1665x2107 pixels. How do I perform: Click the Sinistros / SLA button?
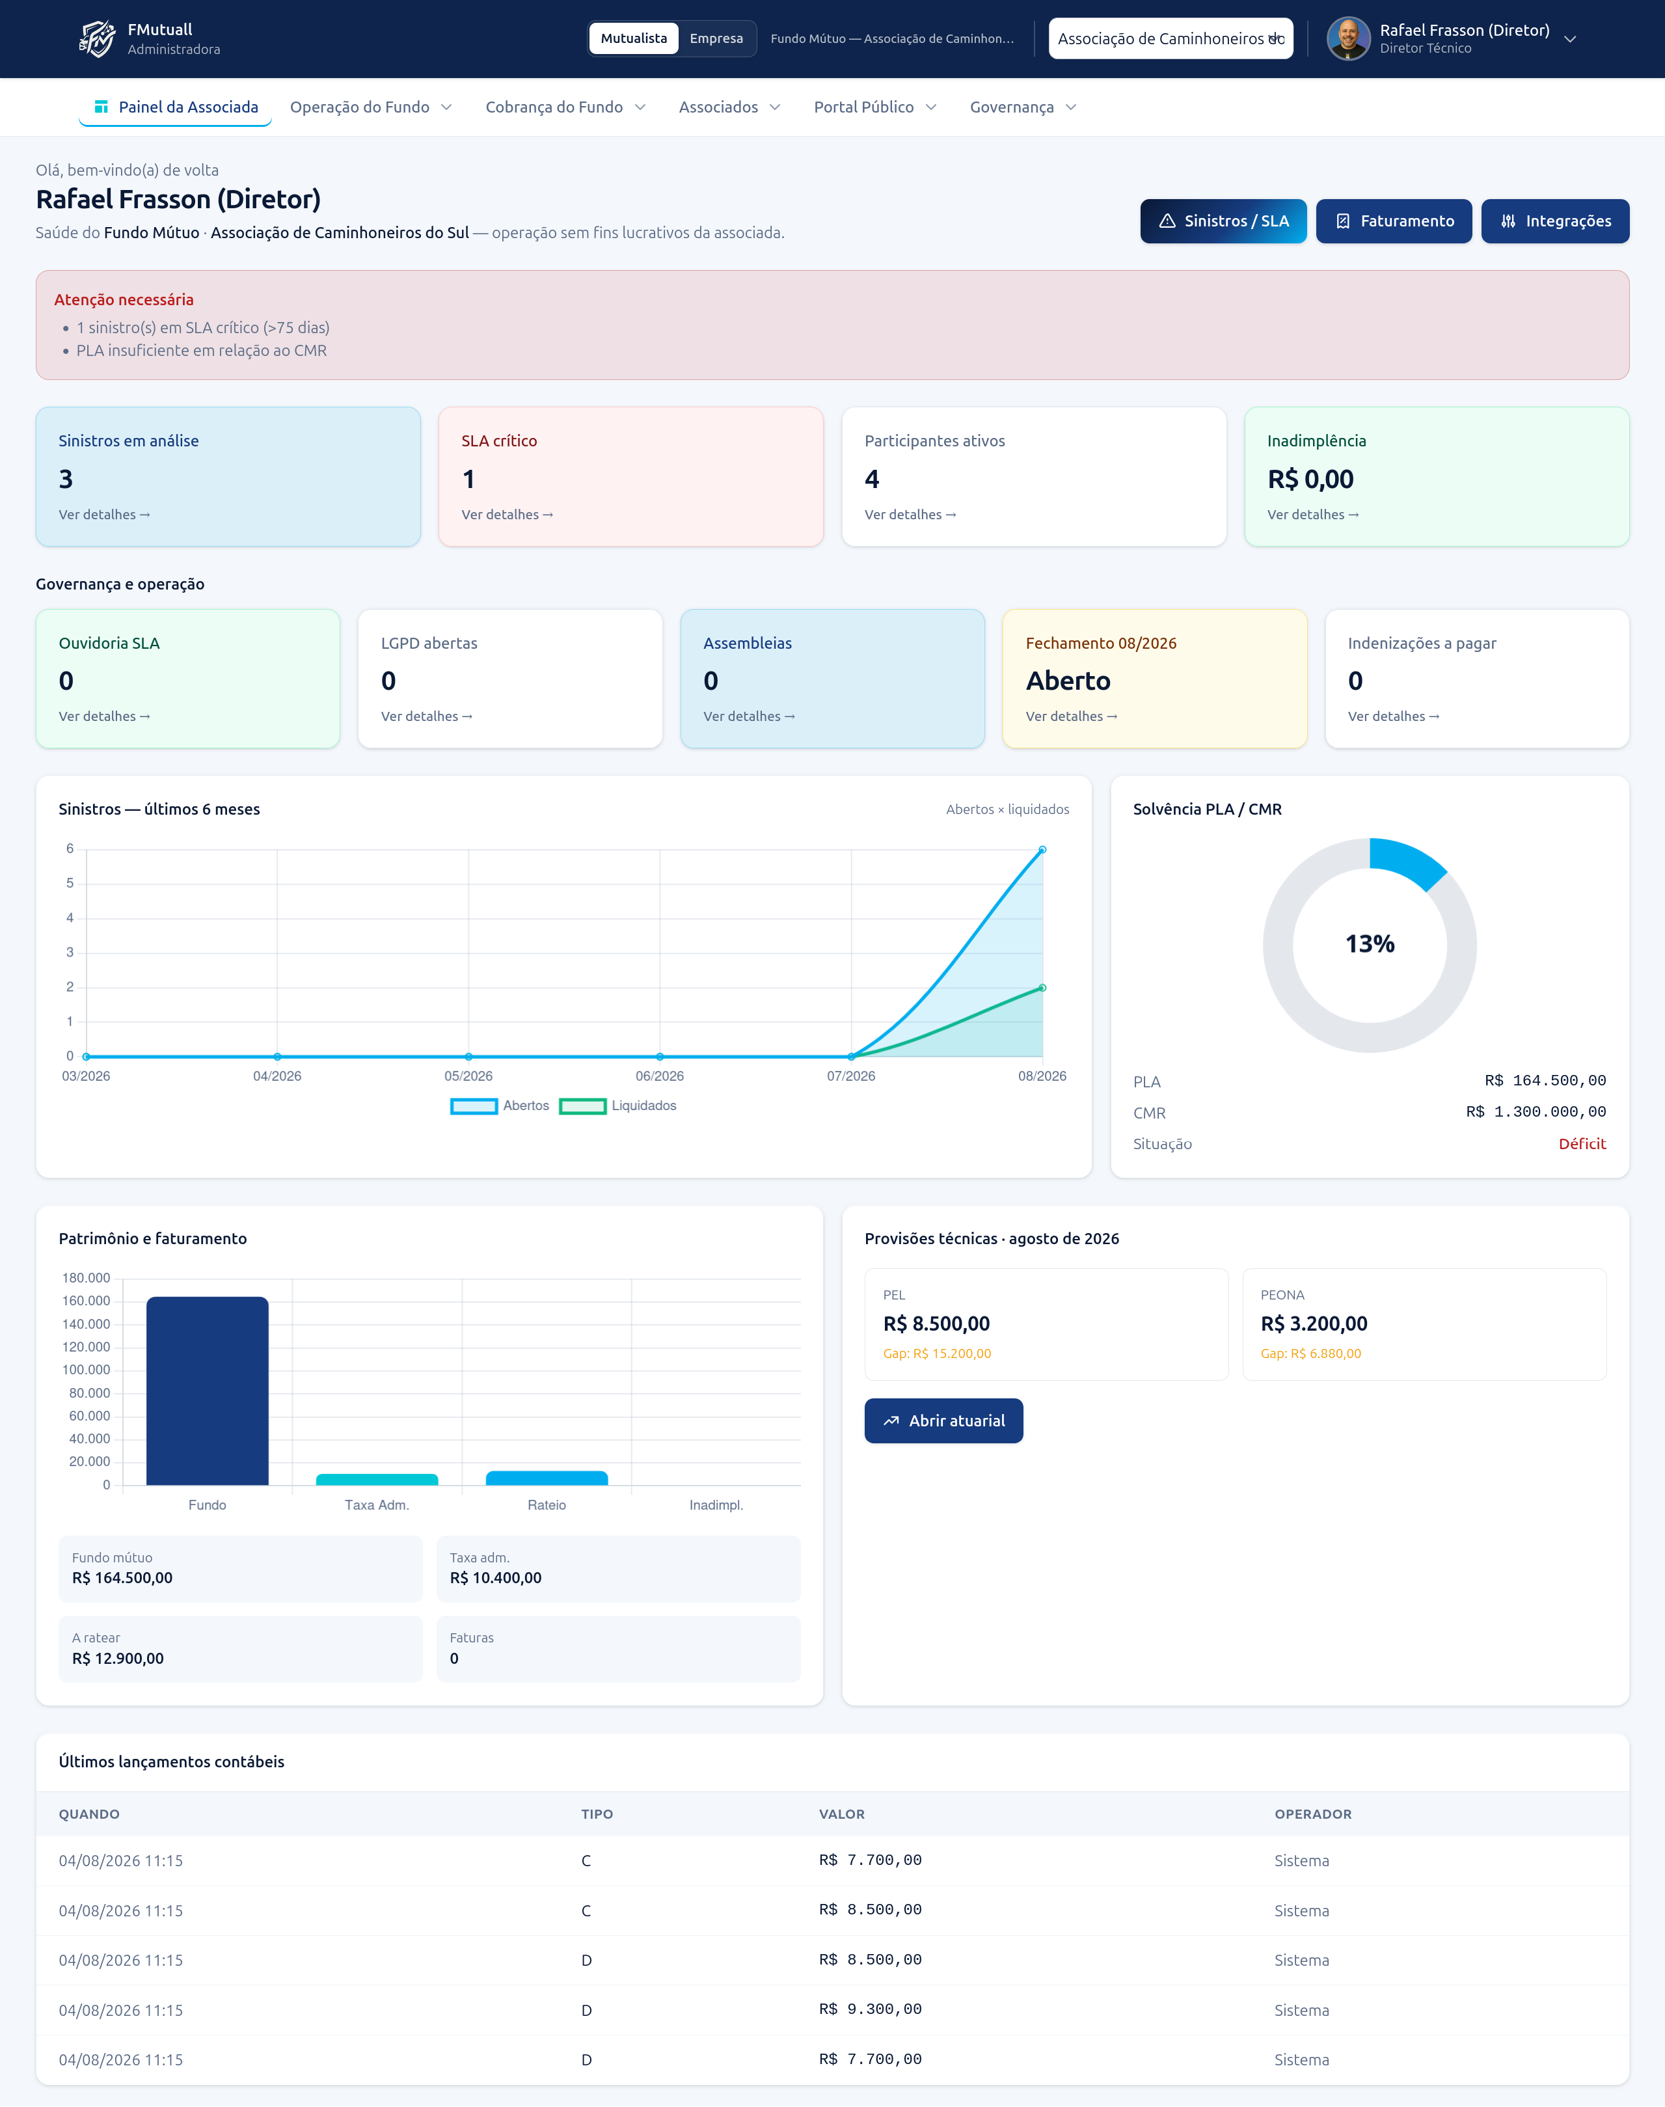coord(1223,221)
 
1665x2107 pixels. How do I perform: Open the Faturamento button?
coord(1393,221)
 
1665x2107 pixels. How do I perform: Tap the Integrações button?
coord(1555,221)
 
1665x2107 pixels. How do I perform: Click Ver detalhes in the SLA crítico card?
coord(507,515)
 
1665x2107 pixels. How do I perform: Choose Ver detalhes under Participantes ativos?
coord(910,515)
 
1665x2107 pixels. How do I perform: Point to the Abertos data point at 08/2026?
coord(1042,850)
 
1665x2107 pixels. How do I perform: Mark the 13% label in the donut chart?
coord(1370,944)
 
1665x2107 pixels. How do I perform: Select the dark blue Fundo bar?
coord(208,1391)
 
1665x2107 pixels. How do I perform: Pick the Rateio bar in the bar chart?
coord(547,1478)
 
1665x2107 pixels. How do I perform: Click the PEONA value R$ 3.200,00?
coord(1314,1324)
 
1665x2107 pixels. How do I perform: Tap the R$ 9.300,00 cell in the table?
coord(871,2009)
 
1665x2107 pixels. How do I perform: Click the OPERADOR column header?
coord(1313,1814)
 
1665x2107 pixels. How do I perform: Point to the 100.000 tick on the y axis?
coord(87,1370)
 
